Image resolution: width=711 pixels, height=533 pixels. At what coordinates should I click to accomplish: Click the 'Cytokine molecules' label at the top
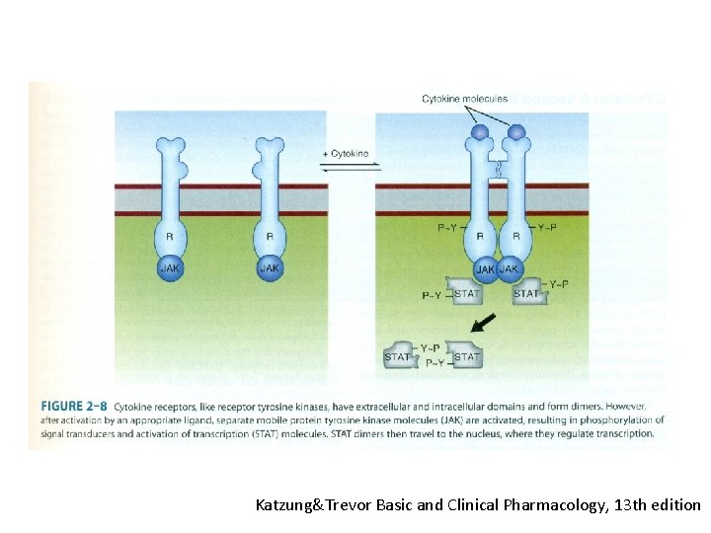click(x=464, y=99)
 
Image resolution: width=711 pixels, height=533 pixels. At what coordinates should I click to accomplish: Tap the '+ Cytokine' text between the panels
click(x=346, y=154)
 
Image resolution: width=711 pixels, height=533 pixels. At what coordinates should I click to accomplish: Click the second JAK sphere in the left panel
click(x=270, y=266)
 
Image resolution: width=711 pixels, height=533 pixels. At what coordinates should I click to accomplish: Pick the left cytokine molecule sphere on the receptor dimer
click(x=479, y=132)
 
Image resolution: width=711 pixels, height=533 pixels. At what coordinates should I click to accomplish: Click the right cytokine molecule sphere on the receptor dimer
click(x=516, y=132)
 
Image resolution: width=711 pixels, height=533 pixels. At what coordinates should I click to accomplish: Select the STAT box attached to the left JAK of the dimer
click(x=466, y=293)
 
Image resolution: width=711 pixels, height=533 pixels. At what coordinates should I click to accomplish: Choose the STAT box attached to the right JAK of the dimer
click(x=527, y=293)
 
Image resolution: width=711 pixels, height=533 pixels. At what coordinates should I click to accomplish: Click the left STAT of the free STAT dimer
click(x=398, y=356)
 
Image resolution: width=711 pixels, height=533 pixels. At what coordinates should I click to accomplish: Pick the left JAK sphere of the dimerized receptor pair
click(x=486, y=268)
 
